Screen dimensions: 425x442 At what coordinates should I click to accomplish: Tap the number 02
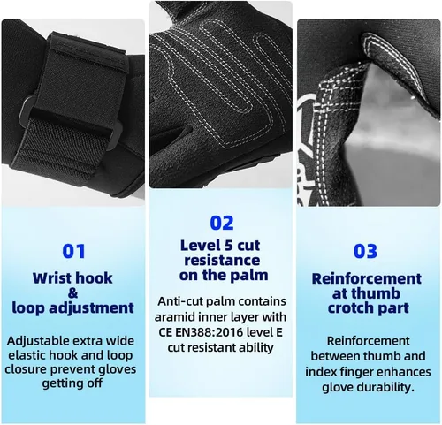221,222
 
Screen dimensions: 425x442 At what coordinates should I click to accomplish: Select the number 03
366,251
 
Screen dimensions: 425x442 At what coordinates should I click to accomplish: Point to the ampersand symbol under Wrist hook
73,293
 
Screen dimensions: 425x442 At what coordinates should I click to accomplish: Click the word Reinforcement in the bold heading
366,278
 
